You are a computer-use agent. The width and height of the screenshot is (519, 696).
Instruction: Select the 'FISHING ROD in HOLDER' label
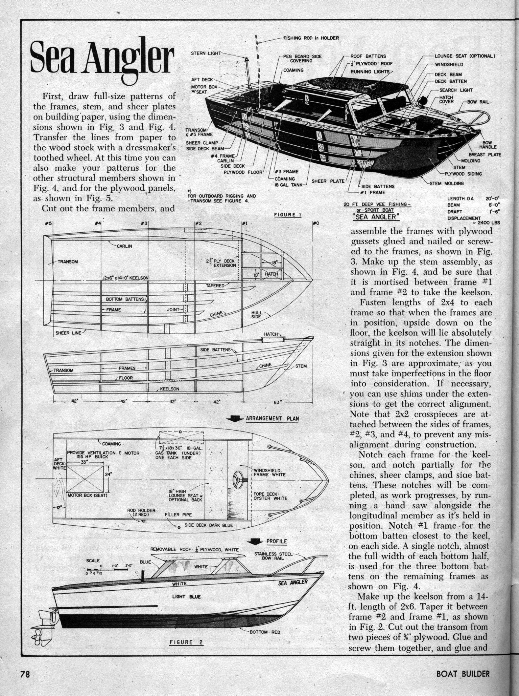(311, 38)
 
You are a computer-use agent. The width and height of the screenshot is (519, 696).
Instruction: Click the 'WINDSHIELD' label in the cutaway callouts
(449, 65)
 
